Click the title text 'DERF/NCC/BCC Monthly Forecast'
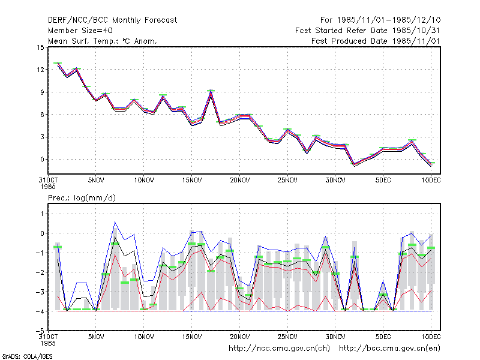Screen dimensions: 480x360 pyautogui.click(x=112, y=20)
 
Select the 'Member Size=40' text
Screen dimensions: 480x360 pyautogui.click(x=80, y=31)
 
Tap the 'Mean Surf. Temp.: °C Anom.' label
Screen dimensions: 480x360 pyautogui.click(x=102, y=41)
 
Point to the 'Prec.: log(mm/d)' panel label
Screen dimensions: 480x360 pyautogui.click(x=82, y=198)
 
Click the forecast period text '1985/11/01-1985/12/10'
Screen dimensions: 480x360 pyautogui.click(x=389, y=20)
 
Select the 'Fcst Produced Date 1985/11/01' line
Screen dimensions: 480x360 pyautogui.click(x=376, y=41)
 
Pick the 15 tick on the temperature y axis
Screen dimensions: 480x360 pyautogui.click(x=40, y=47)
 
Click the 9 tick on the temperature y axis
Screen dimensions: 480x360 pyautogui.click(x=42, y=92)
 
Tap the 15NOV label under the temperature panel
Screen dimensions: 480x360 pyautogui.click(x=192, y=181)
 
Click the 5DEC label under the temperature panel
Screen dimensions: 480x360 pyautogui.click(x=383, y=181)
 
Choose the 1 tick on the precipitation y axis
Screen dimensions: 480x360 pyautogui.click(x=42, y=214)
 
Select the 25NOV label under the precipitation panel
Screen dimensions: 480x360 pyautogui.click(x=287, y=337)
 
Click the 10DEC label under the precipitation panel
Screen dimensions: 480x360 pyautogui.click(x=431, y=337)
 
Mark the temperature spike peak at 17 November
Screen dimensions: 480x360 pyautogui.click(x=211, y=91)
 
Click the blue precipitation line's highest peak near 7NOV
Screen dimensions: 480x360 pyautogui.click(x=115, y=222)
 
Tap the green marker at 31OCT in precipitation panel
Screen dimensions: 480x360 pyautogui.click(x=58, y=247)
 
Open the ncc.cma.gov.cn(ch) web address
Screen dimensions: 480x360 pyautogui.click(x=279, y=349)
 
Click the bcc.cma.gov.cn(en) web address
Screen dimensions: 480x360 pyautogui.click(x=389, y=349)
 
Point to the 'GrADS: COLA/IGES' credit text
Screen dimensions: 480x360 pyautogui.click(x=28, y=356)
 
